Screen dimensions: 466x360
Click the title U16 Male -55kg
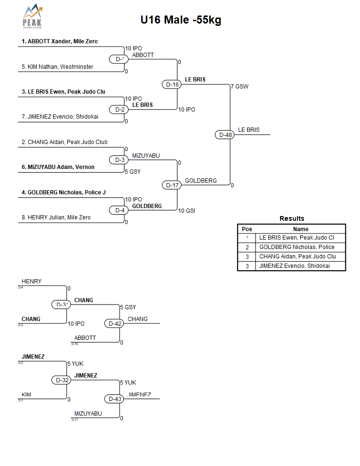[x=181, y=20]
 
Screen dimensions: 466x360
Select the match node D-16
[x=172, y=84]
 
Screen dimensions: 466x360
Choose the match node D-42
[x=115, y=323]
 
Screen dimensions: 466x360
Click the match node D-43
[x=115, y=399]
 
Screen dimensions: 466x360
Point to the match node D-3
[x=120, y=160]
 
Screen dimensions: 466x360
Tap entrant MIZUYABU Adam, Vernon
[x=57, y=167]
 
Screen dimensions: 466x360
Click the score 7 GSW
[x=240, y=87]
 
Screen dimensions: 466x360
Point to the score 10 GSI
[x=187, y=211]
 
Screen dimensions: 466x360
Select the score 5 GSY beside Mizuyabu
[x=133, y=172]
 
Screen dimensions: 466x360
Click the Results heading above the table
[x=292, y=218]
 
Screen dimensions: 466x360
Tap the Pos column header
[x=247, y=229]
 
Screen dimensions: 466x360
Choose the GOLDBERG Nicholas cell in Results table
[x=297, y=247]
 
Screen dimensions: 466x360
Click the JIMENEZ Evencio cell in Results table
[x=295, y=266]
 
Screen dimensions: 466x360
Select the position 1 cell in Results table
[x=247, y=238]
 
